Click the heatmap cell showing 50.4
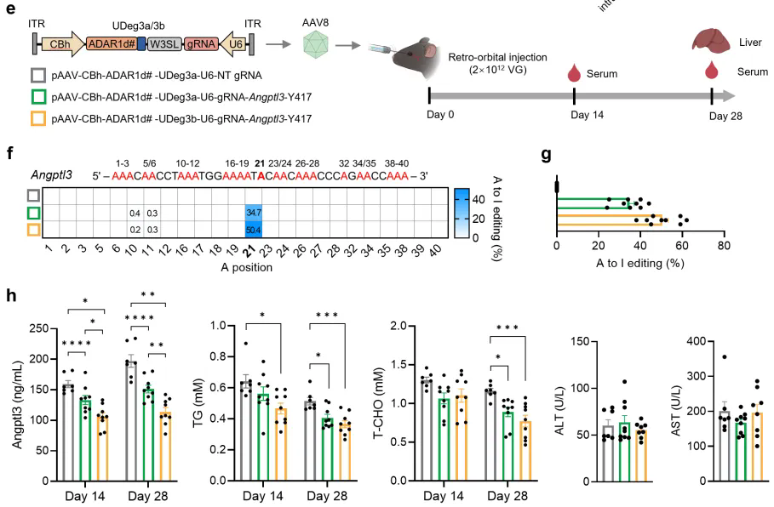coord(253,229)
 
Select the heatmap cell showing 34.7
coord(253,211)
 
